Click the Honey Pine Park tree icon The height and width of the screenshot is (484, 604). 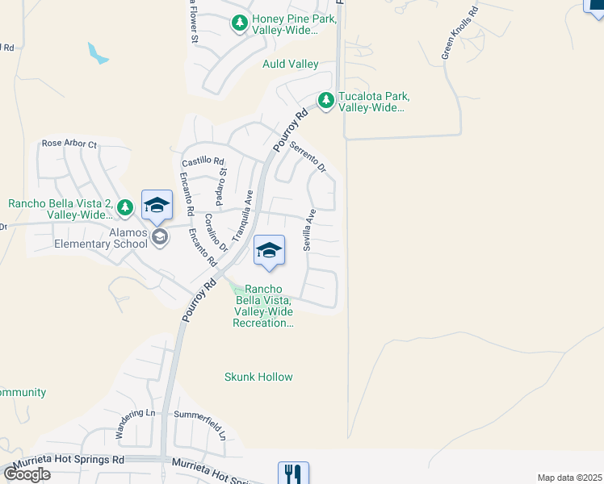coord(239,23)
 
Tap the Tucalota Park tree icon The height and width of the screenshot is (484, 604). coord(325,101)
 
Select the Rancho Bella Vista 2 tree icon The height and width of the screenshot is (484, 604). coord(124,208)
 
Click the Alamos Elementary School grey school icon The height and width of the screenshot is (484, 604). coord(160,236)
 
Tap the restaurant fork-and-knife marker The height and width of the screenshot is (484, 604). coord(293,474)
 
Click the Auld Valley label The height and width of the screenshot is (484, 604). coord(291,64)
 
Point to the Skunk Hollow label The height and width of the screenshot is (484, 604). coord(258,377)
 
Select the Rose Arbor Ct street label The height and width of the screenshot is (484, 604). coord(69,144)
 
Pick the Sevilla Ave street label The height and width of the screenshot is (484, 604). coord(308,231)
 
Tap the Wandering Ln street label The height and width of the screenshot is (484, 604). coord(135,423)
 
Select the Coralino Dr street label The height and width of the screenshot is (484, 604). coord(213,232)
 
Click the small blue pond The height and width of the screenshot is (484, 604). coord(98,54)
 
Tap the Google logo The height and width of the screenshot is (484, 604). coord(27,474)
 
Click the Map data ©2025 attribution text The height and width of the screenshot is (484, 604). coord(569,478)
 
